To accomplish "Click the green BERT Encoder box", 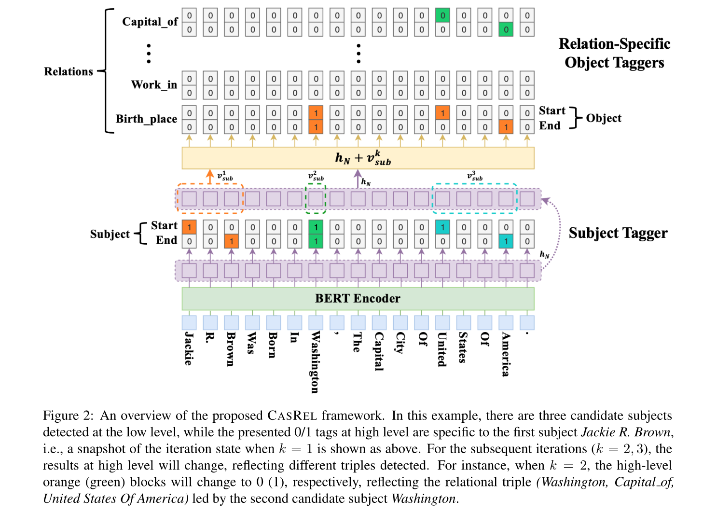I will click(358, 299).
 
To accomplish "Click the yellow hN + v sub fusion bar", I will click(358, 158).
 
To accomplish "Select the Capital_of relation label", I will click(150, 22).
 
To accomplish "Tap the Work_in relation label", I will click(154, 85).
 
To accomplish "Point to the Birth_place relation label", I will click(146, 119).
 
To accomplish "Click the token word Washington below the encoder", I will click(315, 362).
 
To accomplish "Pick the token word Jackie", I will click(189, 348).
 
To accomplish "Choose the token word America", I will click(505, 354).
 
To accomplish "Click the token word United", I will click(442, 349).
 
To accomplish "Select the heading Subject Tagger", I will click(618, 233).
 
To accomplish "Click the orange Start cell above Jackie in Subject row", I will click(189, 227).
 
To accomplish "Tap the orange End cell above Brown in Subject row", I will click(232, 241).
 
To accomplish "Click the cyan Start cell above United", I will click(442, 227).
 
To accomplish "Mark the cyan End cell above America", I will click(506, 241).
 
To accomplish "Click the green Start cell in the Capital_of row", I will click(442, 15).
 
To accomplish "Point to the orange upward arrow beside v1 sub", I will click(210, 176).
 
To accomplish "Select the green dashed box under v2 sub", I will click(316, 199).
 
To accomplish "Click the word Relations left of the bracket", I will click(69, 71).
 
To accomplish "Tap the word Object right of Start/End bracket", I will click(604, 118).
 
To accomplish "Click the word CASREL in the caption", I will click(292, 416).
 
